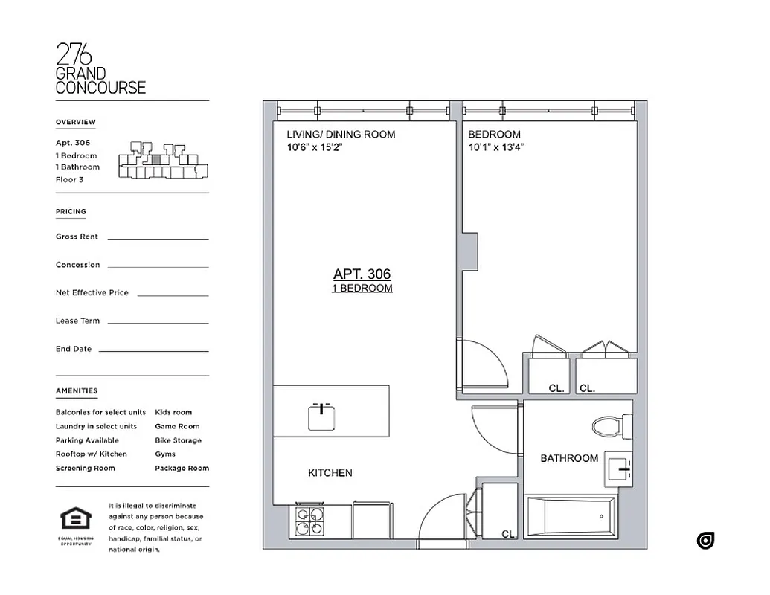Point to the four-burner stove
click(x=311, y=521)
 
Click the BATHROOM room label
click(x=569, y=458)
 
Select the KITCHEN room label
click(x=330, y=472)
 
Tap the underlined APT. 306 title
click(x=362, y=274)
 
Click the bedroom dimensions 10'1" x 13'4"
click(x=496, y=147)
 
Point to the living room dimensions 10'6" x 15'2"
click(x=315, y=147)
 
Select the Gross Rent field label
click(x=77, y=237)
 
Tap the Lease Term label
click(x=77, y=321)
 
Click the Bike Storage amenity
click(x=178, y=440)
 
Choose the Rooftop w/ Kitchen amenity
click(x=91, y=454)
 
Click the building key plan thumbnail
click(x=164, y=161)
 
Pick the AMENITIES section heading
click(x=77, y=390)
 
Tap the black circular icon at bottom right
click(x=705, y=541)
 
